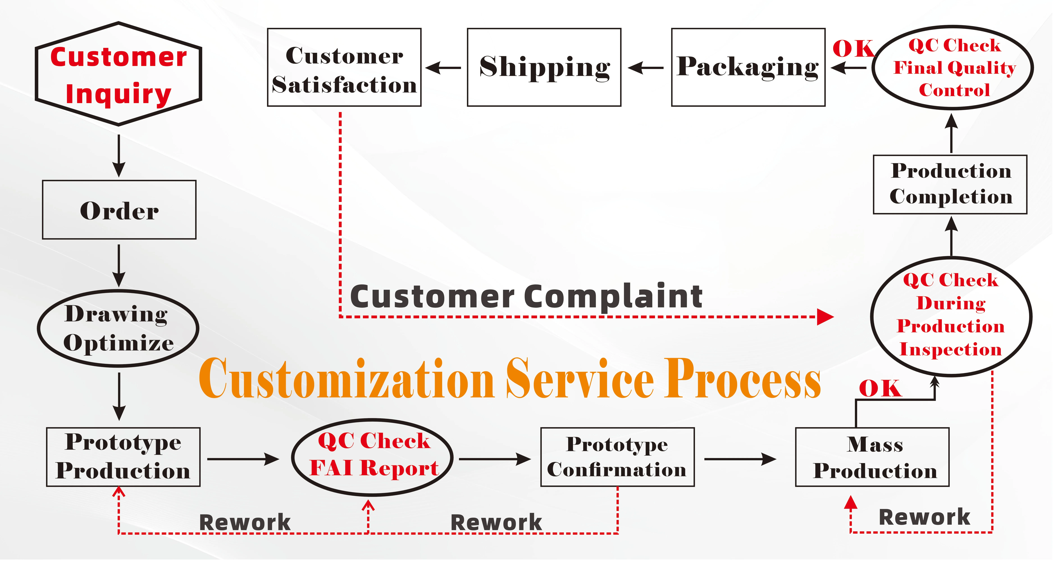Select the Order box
coord(119,210)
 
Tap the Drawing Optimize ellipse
coord(118,328)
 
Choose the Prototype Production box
coord(123,457)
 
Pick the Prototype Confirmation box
coord(617,457)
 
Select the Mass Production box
coord(872,457)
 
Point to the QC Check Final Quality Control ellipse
coord(952,67)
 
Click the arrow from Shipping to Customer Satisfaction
coord(444,68)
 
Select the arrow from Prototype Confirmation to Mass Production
coord(740,459)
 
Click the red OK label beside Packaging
coord(852,49)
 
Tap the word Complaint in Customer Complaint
coord(613,297)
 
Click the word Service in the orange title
coord(580,378)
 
